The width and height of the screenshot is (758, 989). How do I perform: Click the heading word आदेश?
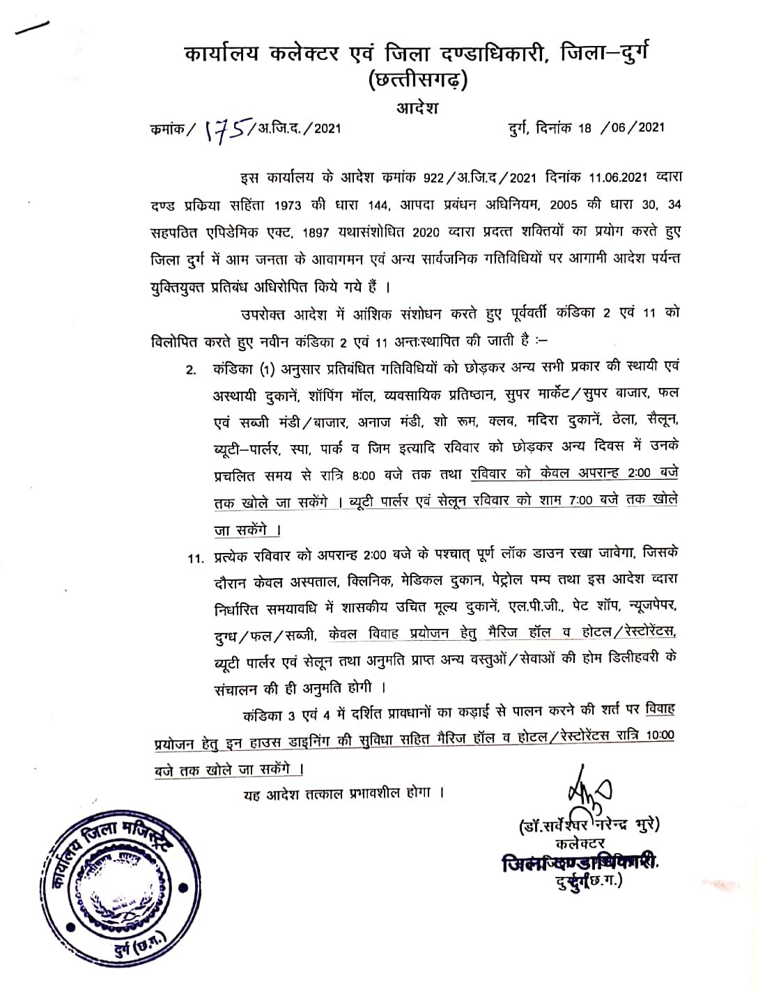(417, 108)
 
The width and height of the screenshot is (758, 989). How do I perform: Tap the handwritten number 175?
(225, 130)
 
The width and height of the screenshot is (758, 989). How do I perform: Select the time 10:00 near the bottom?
(660, 737)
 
